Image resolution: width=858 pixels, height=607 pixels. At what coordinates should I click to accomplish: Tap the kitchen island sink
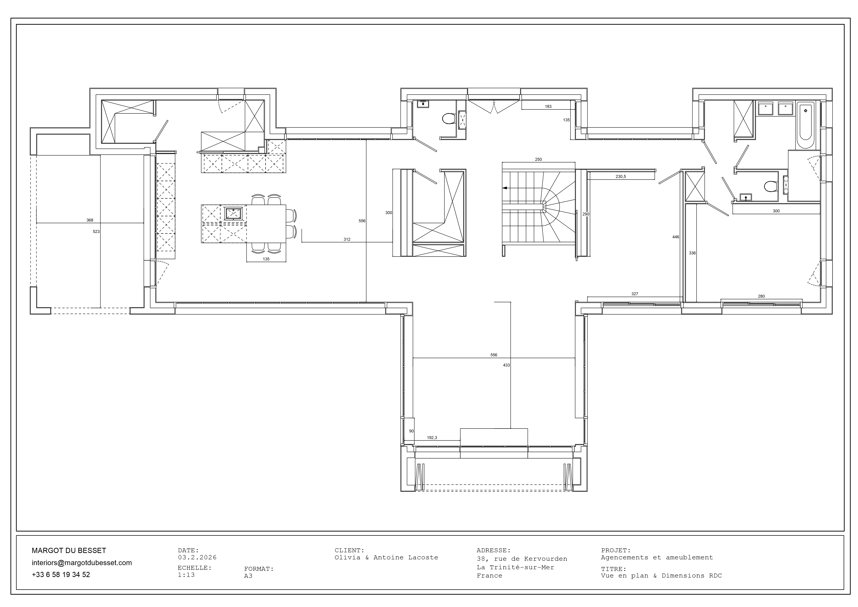tap(233, 213)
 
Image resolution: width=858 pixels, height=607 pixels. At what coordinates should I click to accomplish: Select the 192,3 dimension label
tap(432, 438)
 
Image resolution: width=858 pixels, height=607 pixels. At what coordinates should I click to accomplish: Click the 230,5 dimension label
tap(621, 176)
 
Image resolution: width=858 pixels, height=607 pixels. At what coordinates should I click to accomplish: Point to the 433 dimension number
tap(506, 365)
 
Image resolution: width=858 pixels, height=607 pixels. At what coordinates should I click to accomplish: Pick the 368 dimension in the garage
tap(90, 220)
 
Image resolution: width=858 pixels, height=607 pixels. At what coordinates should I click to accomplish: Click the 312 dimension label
tap(347, 239)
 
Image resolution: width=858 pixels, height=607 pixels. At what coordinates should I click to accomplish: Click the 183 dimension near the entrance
tap(548, 107)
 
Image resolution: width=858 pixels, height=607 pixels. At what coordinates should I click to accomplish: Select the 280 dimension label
tap(761, 296)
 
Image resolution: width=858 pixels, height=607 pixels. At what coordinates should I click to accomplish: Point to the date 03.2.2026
tap(197, 557)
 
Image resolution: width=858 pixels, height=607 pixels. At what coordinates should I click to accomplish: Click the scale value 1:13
tap(186, 575)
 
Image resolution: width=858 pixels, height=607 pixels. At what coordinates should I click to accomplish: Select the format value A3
tap(248, 576)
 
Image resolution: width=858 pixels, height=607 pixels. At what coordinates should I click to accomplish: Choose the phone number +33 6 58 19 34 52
tap(61, 574)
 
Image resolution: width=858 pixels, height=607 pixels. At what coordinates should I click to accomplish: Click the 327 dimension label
tap(635, 294)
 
